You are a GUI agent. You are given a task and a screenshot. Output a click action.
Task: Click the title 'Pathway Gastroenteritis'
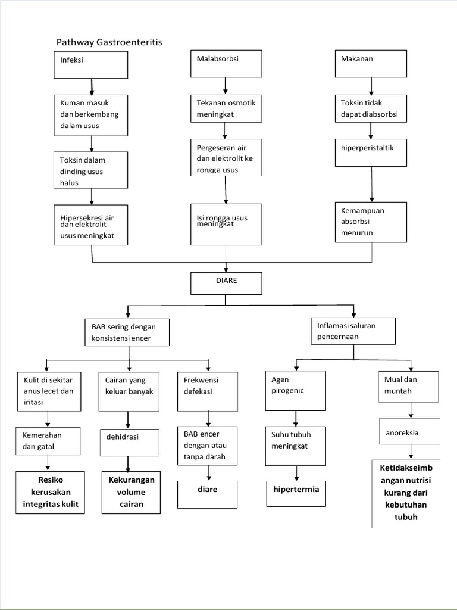coord(109,42)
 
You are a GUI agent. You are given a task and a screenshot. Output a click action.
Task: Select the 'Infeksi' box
coord(91,65)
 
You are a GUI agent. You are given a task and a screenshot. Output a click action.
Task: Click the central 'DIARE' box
coord(226,284)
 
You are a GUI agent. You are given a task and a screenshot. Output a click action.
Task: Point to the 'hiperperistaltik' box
coord(371,152)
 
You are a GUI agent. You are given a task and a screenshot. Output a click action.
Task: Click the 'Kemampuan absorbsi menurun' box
coord(371,222)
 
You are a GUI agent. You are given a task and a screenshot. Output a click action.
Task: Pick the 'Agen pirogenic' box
coord(296,390)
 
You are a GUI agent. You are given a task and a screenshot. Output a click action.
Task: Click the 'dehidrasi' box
coord(129,442)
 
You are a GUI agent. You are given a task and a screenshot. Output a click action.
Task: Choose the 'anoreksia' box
coord(409,432)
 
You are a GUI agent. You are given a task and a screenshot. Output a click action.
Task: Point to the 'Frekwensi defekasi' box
coord(208,391)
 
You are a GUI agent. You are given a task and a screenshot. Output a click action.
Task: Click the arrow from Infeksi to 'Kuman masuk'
coord(92,86)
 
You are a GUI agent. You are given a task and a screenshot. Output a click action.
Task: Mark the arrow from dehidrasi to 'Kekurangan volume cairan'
coord(127,463)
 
